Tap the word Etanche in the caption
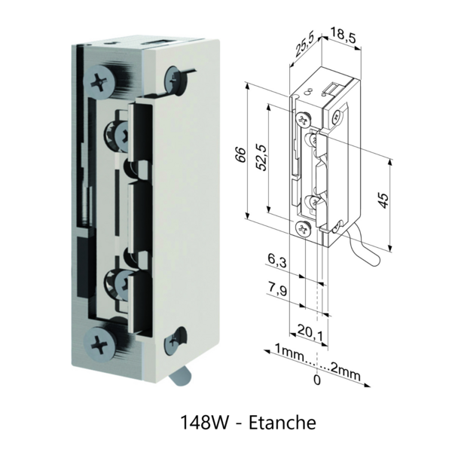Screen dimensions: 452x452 pyautogui.click(x=281, y=423)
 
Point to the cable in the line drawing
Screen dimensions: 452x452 pyautogui.click(x=362, y=249)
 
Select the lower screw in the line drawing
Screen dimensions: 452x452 pyautogui.click(x=304, y=228)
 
